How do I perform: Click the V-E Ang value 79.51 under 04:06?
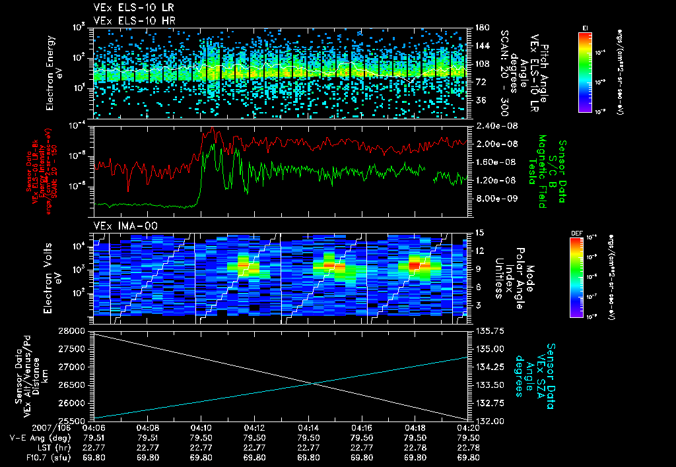pos(95,437)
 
